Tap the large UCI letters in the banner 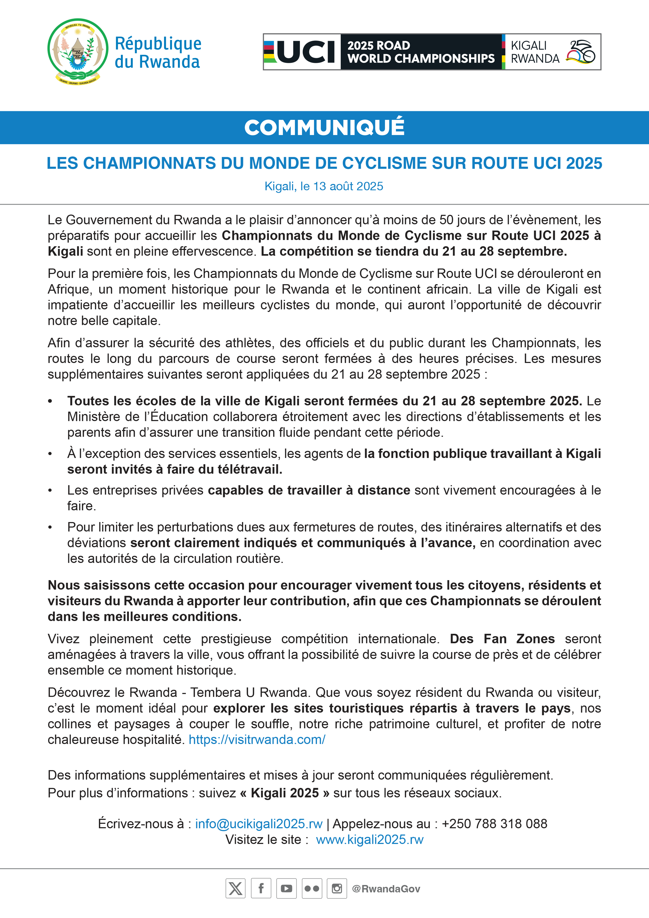(306, 52)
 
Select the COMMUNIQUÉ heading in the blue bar (324, 127)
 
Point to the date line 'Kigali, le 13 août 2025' (324, 186)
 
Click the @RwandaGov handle (386, 889)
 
